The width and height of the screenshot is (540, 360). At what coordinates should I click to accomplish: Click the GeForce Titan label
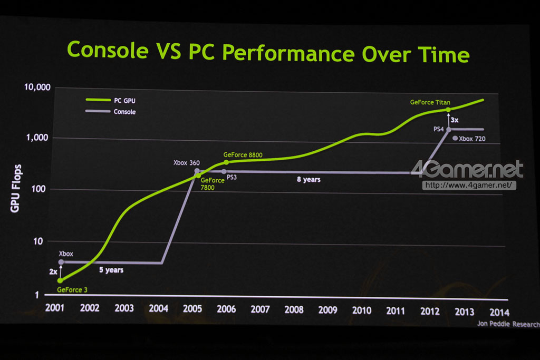coord(430,102)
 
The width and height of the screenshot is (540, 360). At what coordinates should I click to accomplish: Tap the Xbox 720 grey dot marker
coord(455,139)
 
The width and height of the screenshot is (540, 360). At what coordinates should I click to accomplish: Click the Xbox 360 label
coord(187,163)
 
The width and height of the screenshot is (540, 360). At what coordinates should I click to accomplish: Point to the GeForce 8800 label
coord(243,155)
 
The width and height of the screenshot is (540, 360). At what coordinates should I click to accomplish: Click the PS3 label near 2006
coord(232,178)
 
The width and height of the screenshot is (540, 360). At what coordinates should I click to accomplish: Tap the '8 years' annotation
coord(308,180)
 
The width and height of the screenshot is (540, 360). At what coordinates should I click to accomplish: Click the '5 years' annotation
coord(111,270)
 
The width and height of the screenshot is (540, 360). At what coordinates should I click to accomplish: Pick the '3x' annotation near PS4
coord(454,120)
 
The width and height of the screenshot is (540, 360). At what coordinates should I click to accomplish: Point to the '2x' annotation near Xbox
coord(53,272)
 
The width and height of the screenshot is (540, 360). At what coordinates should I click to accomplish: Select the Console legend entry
coord(124,112)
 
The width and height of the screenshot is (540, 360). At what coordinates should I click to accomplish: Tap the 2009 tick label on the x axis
coord(328,310)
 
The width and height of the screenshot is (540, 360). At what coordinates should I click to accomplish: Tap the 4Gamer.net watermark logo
coord(467,170)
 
